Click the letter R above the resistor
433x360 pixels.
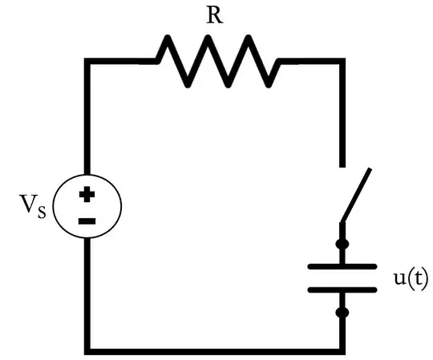coord(213,16)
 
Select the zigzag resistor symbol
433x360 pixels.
coord(216,61)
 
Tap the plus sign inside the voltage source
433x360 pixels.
coord(87,194)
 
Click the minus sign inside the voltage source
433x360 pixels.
coord(87,220)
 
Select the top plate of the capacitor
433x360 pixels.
coord(342,265)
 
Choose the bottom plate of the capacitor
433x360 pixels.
coord(342,289)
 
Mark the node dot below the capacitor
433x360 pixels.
coord(342,312)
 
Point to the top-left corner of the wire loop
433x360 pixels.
coord(87,61)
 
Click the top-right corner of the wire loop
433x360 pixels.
coord(342,61)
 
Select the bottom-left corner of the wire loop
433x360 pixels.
coord(87,349)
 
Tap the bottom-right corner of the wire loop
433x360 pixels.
coord(342,349)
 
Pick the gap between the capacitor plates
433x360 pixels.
coord(342,277)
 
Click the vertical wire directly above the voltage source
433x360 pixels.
coord(87,120)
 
